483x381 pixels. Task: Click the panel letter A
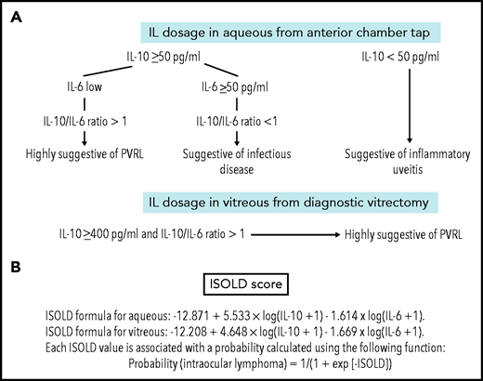tap(21, 17)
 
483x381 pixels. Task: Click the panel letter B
tap(21, 266)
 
